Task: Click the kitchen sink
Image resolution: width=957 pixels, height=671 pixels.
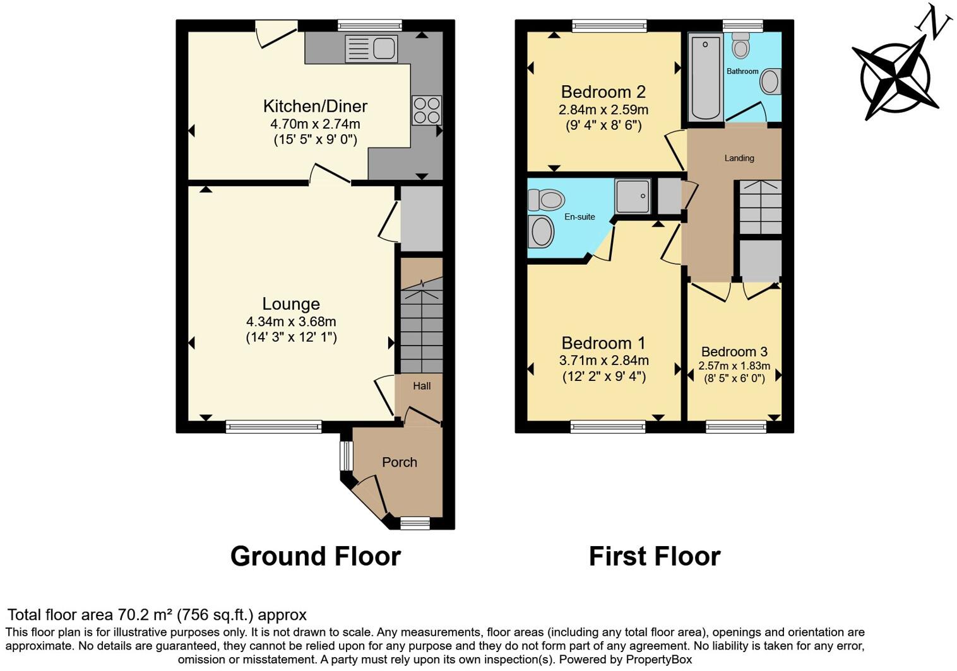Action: click(x=371, y=49)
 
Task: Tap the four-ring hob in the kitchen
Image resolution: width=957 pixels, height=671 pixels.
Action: click(x=426, y=110)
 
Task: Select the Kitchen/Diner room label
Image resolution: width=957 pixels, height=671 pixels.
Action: click(x=315, y=106)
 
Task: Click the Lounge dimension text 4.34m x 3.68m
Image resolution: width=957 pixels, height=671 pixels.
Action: click(x=291, y=322)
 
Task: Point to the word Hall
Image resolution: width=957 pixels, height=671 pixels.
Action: click(x=422, y=386)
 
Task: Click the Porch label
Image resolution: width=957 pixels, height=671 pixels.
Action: click(x=399, y=462)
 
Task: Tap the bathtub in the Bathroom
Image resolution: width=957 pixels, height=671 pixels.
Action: click(x=705, y=77)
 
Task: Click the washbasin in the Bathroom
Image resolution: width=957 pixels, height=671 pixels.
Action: click(x=770, y=82)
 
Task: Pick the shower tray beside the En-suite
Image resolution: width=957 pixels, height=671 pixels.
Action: click(x=633, y=195)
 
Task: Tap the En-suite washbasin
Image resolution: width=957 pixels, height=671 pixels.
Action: click(x=542, y=231)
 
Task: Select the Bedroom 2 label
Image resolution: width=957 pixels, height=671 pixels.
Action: click(x=603, y=92)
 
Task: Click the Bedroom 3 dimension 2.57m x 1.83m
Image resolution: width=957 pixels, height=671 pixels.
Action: click(x=734, y=366)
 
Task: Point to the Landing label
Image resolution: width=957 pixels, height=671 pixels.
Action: click(x=739, y=158)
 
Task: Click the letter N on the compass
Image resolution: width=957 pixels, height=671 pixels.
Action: click(x=934, y=25)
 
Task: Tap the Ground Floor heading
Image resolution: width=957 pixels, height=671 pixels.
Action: click(x=315, y=556)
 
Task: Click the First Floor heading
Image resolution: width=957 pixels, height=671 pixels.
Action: click(x=654, y=556)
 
